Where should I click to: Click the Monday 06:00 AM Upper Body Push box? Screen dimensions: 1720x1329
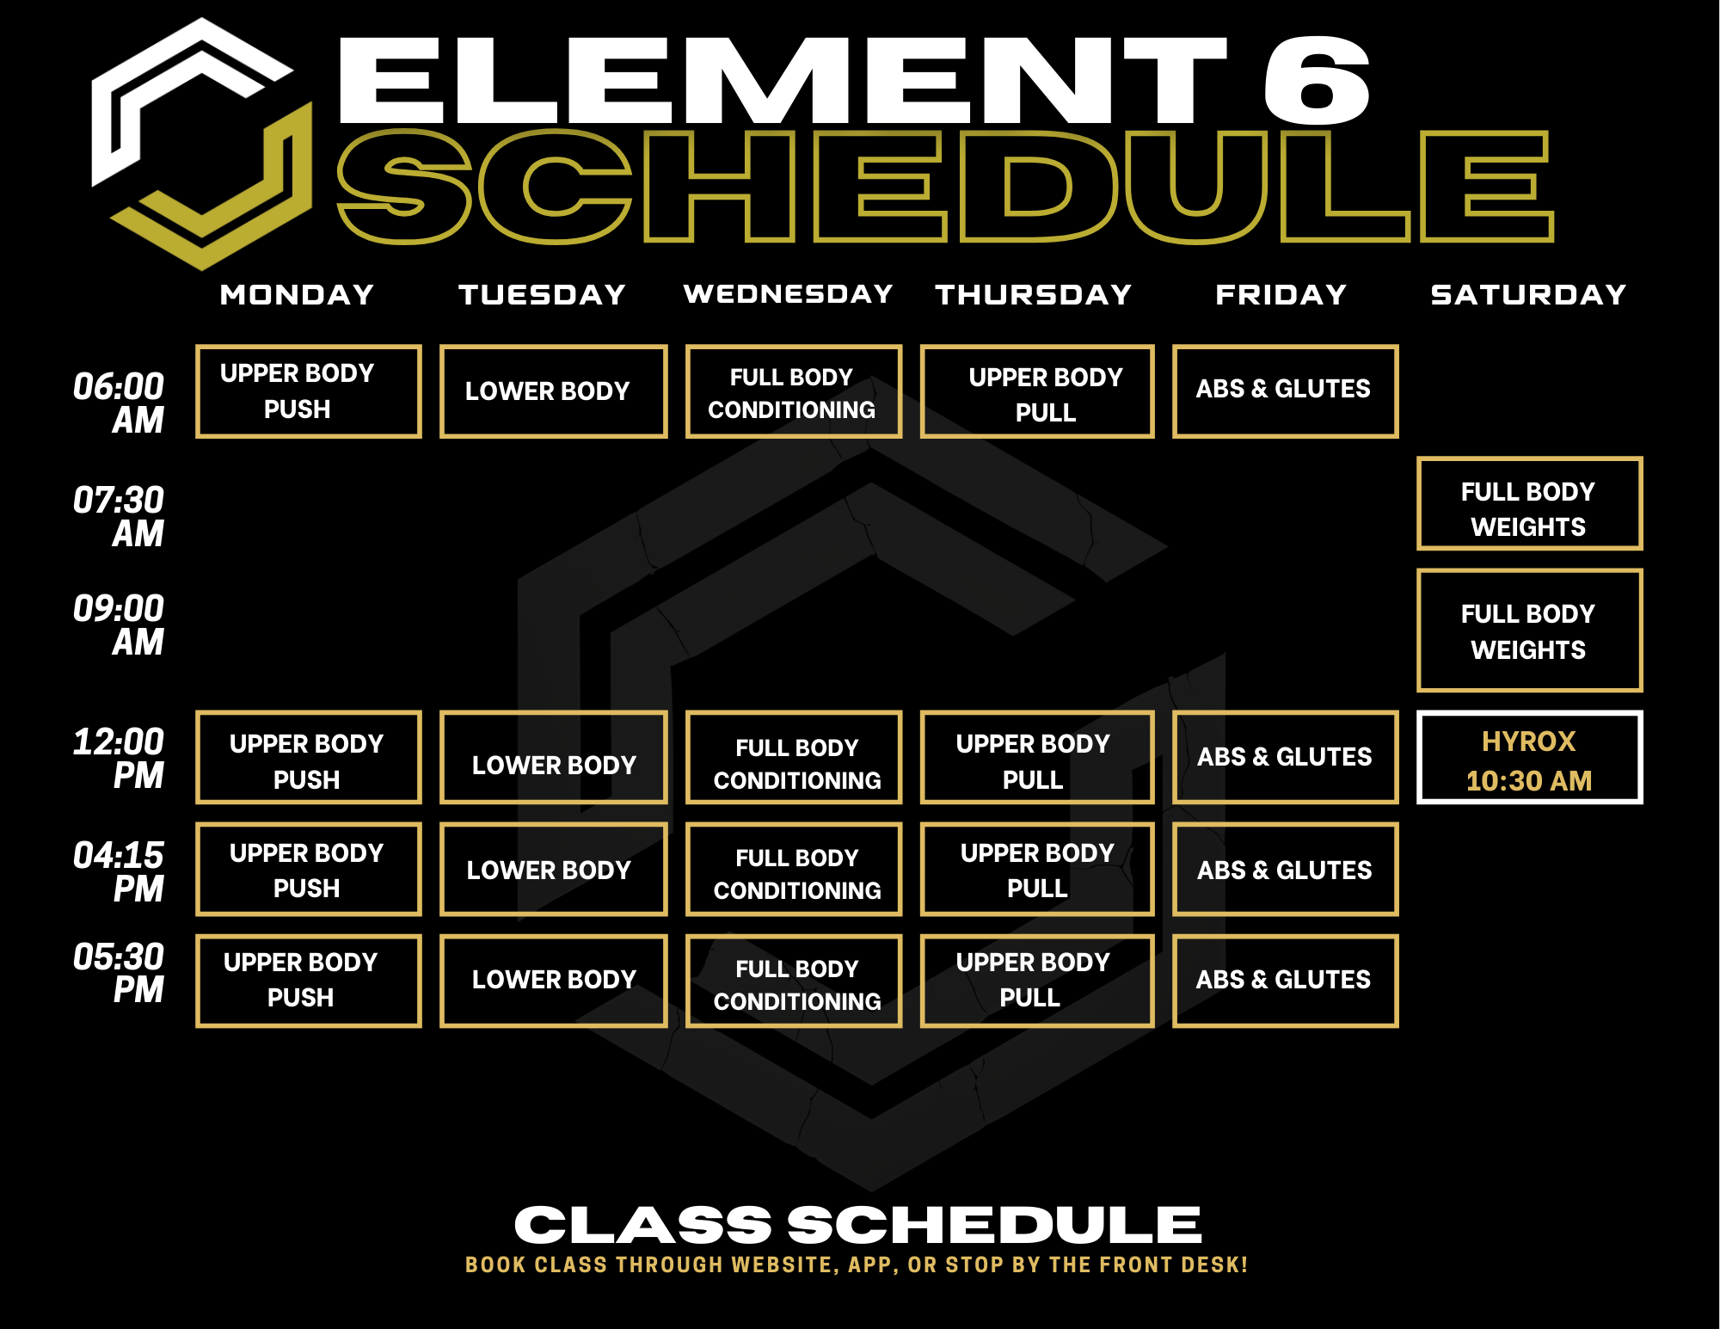(309, 391)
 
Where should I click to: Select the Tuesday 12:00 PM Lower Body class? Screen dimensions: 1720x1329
(554, 757)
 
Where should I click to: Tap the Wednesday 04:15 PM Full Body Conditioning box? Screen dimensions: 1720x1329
(794, 869)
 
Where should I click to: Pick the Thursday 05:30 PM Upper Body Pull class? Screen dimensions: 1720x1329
(1037, 981)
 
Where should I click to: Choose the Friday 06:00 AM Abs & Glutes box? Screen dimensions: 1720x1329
(1286, 391)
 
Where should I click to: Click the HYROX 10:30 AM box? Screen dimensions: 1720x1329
(1530, 757)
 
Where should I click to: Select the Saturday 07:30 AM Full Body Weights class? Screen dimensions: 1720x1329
(1530, 503)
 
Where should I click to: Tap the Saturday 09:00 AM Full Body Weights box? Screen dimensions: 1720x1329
(1530, 631)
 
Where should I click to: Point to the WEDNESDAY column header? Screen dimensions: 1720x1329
(789, 294)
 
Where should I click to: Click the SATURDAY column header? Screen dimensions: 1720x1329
(1528, 295)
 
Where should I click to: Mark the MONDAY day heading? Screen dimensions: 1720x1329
(297, 295)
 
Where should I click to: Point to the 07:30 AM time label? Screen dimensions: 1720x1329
(119, 516)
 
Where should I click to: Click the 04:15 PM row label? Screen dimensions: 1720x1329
(119, 871)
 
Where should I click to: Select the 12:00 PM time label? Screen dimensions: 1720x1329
(119, 758)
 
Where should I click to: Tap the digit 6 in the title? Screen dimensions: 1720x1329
(1317, 80)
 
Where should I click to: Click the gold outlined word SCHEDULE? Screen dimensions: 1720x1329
(945, 187)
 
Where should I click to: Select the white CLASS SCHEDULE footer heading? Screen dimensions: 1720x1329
(857, 1224)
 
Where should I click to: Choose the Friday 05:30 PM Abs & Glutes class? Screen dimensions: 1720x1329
(1286, 981)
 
